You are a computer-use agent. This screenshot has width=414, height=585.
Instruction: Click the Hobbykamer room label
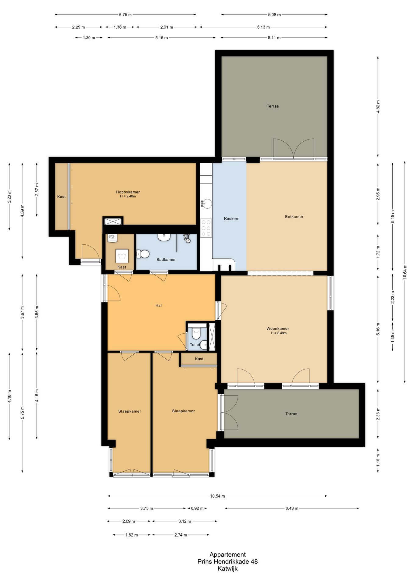coord(128,192)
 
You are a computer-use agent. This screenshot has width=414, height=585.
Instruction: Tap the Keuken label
coord(231,218)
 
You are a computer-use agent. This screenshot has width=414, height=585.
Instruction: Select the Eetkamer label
coord(294,217)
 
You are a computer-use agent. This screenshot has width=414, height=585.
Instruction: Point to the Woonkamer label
coord(278,328)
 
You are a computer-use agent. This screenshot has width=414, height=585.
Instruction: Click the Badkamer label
coord(166,260)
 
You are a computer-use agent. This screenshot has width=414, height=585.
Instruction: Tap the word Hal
coord(159,305)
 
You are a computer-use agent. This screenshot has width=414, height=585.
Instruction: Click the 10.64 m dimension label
coord(405,271)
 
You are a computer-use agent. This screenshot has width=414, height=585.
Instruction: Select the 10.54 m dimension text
coord(217,496)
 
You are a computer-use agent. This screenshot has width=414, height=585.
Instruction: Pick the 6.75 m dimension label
coord(125,15)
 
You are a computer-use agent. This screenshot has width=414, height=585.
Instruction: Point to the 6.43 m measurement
coord(292,508)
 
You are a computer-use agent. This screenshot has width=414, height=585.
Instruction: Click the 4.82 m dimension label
coord(378,107)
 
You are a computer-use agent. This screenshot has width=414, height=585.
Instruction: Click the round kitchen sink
coord(207,204)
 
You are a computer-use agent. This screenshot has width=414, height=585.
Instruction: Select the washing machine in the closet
coord(122,256)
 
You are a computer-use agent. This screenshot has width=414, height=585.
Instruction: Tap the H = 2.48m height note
coord(279,333)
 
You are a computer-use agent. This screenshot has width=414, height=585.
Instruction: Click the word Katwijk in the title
coord(227,568)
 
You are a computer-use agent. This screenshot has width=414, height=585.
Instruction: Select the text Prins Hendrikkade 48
coord(227,561)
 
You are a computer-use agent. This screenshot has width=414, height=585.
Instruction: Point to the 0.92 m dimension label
coord(197,508)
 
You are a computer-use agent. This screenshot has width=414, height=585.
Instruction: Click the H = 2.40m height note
coord(128,196)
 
